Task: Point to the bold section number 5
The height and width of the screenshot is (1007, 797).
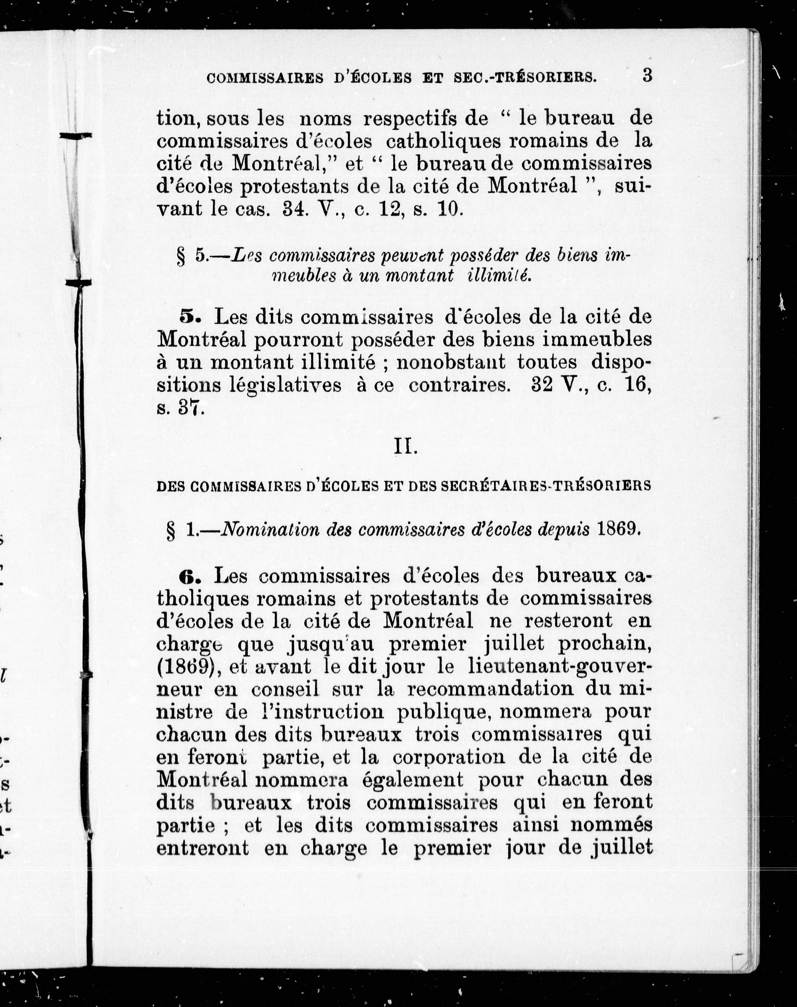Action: (189, 317)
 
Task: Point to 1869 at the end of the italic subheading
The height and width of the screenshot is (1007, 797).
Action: (617, 529)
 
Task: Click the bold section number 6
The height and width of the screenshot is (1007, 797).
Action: (189, 577)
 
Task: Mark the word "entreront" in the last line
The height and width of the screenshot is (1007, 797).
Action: (202, 848)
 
